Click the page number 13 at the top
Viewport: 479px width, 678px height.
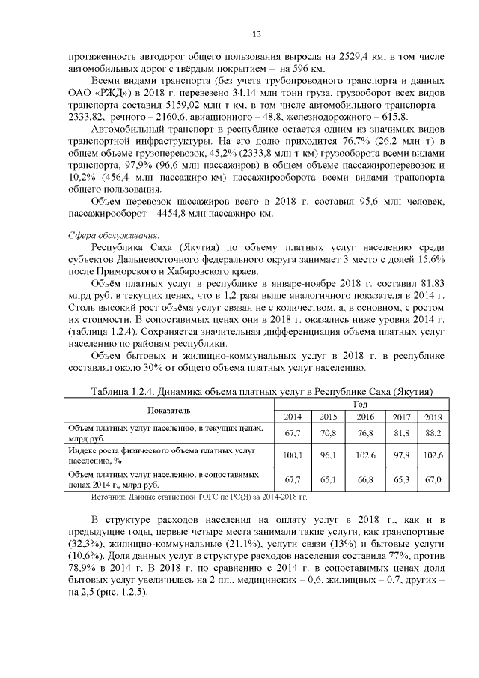pos(256,34)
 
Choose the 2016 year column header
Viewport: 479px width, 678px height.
pos(365,417)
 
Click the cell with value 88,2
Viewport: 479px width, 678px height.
pos(433,433)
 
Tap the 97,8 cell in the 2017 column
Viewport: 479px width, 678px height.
pos(401,455)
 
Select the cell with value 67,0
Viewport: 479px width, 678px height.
pos(433,479)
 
